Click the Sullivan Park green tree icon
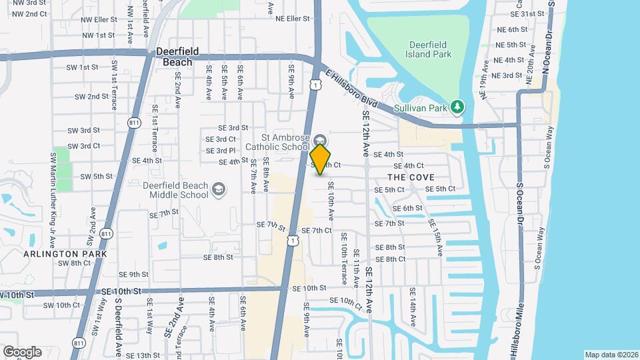pyautogui.click(x=457, y=107)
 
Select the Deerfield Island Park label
pyautogui.click(x=429, y=49)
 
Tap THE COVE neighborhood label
pyautogui.click(x=411, y=177)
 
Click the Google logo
pyautogui.click(x=22, y=351)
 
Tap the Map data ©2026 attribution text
pyautogui.click(x=611, y=355)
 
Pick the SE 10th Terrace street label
pyautogui.click(x=344, y=259)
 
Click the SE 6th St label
pyautogui.click(x=408, y=208)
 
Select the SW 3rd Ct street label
pyautogui.click(x=85, y=146)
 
